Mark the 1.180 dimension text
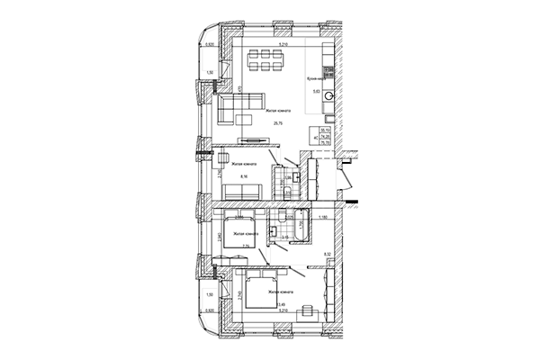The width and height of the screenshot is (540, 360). (x=319, y=216)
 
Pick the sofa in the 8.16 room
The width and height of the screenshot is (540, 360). (x=243, y=191)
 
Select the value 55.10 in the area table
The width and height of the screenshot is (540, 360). (x=326, y=129)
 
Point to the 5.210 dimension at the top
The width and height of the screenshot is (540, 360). (x=283, y=42)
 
